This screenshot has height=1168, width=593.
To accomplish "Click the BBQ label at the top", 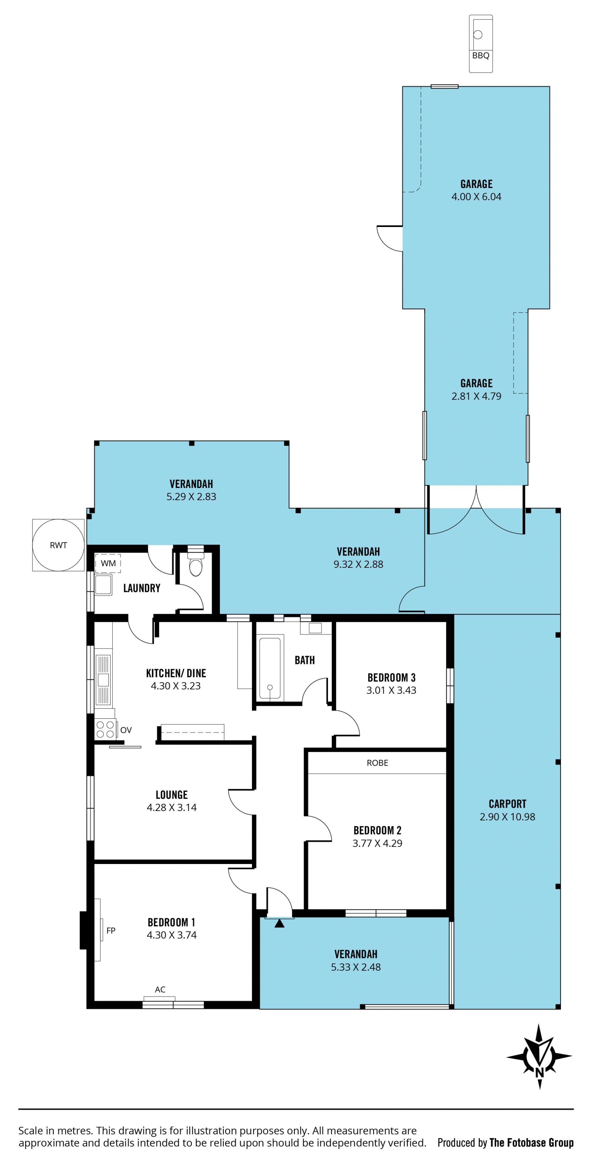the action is click(481, 55).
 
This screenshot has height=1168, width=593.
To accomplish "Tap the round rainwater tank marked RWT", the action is click(58, 545).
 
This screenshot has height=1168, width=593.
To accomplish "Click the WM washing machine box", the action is click(108, 563).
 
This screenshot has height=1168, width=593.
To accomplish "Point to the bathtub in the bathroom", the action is click(270, 668).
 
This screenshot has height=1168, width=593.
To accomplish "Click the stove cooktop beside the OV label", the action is click(105, 729).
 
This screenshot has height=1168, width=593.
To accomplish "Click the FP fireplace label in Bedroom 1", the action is click(111, 931).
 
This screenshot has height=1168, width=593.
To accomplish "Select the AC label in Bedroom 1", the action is click(160, 989).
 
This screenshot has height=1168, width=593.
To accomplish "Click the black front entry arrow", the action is click(280, 923).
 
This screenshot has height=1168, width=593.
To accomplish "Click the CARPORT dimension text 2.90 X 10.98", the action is click(507, 817).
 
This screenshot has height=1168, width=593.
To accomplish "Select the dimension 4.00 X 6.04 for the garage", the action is click(476, 196).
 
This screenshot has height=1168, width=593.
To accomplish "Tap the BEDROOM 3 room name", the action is click(391, 678).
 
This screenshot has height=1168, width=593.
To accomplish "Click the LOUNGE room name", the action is click(172, 794).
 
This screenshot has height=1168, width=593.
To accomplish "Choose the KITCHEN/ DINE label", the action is click(176, 673).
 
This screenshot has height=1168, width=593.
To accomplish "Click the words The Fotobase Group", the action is click(532, 1143).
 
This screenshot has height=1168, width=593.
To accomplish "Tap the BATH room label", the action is click(305, 660).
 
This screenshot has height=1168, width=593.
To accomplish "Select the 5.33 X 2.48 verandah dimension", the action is click(355, 967).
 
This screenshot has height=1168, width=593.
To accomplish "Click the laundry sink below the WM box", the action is click(103, 584).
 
